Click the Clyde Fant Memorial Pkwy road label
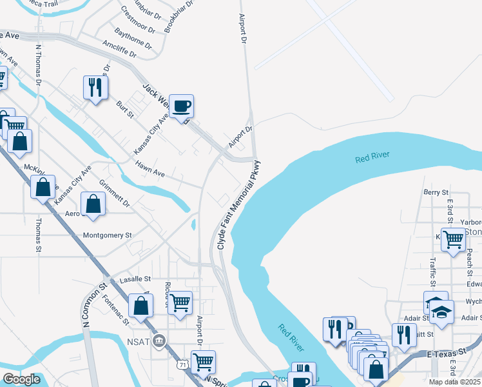coord(238,205)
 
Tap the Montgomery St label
coord(107,235)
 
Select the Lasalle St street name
coord(135,279)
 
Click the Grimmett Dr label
coord(115,193)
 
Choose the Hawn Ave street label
coord(150,170)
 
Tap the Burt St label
coord(124,109)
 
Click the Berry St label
coord(436,192)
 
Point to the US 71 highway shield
coord(184,364)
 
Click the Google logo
coord(22,379)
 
